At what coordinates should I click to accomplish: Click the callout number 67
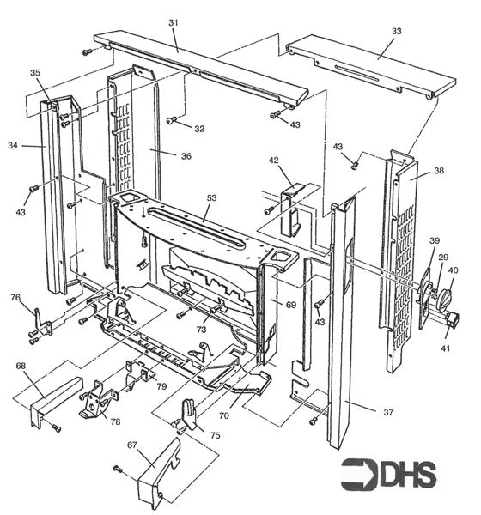(x=131, y=445)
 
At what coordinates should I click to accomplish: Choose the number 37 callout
(x=388, y=413)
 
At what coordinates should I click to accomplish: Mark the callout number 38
(x=438, y=171)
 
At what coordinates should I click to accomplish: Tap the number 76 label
(x=16, y=298)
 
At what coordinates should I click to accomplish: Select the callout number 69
(x=290, y=305)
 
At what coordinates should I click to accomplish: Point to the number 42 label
(x=274, y=160)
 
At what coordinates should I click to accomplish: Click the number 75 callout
(x=214, y=434)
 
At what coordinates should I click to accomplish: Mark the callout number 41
(x=447, y=349)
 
